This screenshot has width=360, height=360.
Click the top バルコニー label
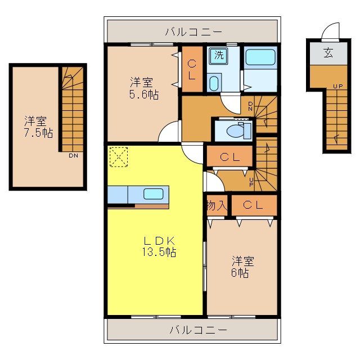[193, 31]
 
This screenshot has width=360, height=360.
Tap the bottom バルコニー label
[198, 330]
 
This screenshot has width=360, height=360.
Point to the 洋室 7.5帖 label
[38, 127]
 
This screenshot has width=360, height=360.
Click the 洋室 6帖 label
[242, 267]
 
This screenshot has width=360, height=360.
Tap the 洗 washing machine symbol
[217, 55]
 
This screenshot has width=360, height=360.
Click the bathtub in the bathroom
[260, 58]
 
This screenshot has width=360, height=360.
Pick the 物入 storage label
[217, 206]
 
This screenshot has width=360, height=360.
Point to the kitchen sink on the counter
[154, 194]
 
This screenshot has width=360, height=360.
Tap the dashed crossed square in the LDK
[119, 156]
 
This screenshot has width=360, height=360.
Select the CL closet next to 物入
[253, 206]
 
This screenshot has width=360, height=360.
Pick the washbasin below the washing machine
[214, 84]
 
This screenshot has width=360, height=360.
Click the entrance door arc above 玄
[332, 29]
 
